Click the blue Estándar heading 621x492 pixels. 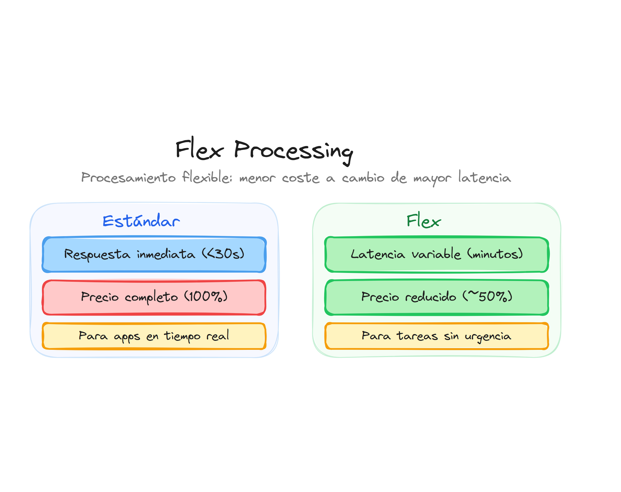coord(141,221)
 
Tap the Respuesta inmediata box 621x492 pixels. coord(154,254)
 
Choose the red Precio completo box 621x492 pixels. coord(154,297)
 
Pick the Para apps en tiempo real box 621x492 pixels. coord(154,336)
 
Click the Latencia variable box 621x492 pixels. coord(437,254)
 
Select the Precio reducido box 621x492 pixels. coord(437,297)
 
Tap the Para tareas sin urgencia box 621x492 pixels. coord(437,336)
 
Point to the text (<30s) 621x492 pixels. coord(223,254)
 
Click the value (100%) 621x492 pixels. coord(206,296)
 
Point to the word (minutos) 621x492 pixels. coord(495,254)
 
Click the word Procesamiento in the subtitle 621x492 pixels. coord(128,177)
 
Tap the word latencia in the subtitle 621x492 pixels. coord(485,177)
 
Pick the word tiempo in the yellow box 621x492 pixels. coord(182,336)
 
